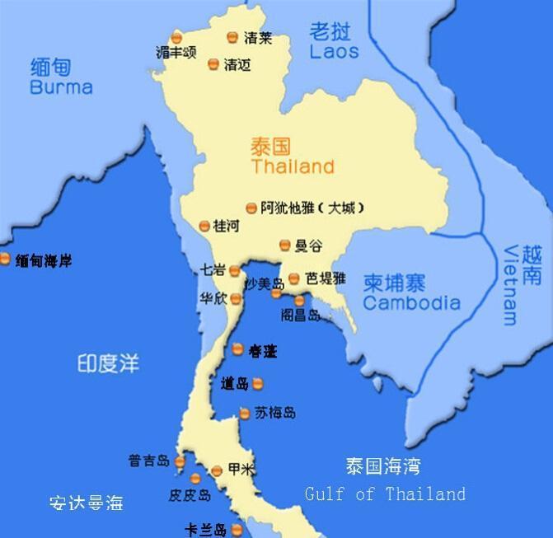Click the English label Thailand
tap(293, 166)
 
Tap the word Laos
tap(334, 51)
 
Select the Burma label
tap(61, 87)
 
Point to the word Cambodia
tap(411, 303)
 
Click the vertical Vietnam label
tap(511, 284)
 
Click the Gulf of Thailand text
tap(385, 494)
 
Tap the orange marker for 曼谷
tap(285, 245)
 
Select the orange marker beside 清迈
tap(213, 64)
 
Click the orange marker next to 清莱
tap(232, 37)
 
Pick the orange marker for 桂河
tap(204, 226)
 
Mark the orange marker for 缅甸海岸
tap(6, 260)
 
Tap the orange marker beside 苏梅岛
tap(245, 414)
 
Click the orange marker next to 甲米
tap(217, 470)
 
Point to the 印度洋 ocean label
tap(108, 363)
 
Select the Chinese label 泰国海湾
tap(382, 466)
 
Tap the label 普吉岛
tap(149, 461)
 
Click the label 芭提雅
tap(326, 278)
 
